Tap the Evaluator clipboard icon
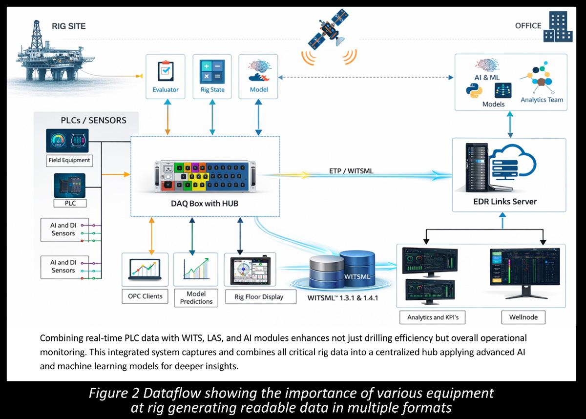165,71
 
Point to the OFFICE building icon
558,27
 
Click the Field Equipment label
69,160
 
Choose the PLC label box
69,203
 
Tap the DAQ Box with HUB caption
204,203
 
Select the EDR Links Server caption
508,202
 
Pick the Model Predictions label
196,297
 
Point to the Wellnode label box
523,317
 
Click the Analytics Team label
542,100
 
